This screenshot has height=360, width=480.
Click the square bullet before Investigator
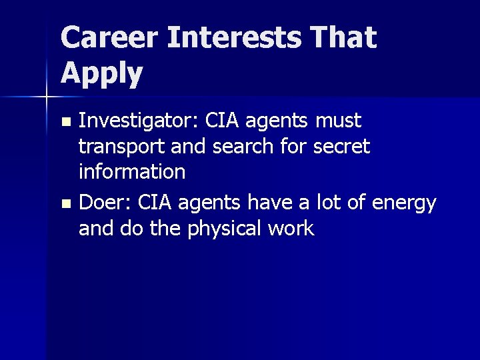tap(65, 123)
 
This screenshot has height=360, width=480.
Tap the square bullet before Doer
tap(65, 203)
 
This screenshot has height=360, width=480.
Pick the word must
tap(338, 121)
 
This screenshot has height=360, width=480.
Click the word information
tap(132, 172)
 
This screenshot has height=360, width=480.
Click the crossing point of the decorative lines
tap(47, 98)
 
